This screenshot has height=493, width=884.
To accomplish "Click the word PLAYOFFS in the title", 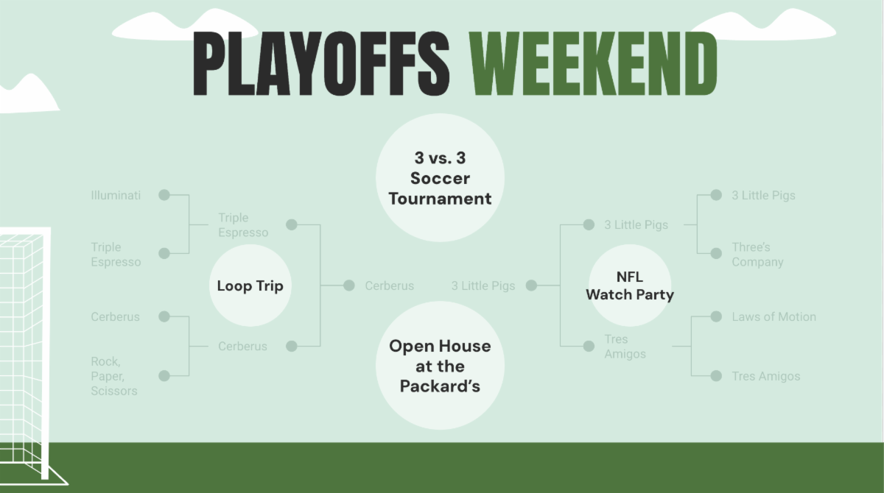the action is coord(321,63).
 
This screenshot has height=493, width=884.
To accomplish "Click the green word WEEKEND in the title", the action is coord(593,63).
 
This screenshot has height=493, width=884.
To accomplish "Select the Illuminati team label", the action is coord(116,195).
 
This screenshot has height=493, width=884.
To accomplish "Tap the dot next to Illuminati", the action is coord(164,195).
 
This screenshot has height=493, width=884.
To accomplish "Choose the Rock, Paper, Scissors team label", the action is coord(114,376).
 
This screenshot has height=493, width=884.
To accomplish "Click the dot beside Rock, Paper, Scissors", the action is coord(164,375).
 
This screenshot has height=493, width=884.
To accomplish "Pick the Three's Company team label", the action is coord(758,254).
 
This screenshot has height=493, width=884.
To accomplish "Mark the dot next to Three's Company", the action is coord(716,253).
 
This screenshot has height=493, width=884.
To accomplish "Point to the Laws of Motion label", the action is coord(774,316).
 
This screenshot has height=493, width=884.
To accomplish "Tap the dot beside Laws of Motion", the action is coord(716,316).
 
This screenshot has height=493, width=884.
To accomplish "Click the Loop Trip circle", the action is coord(250,285).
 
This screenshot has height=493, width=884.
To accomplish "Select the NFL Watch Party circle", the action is coord(630,285).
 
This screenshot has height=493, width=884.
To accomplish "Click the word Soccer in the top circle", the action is coord(440,178).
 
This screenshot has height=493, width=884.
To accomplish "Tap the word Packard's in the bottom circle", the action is coord(440,386).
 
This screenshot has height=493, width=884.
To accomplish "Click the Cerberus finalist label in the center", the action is coord(390,285).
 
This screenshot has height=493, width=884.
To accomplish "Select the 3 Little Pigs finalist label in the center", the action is coord(483,285).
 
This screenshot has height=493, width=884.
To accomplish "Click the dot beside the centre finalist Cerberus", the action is coord(349,285).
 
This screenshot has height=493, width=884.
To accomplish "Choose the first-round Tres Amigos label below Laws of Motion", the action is coord(766,376).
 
